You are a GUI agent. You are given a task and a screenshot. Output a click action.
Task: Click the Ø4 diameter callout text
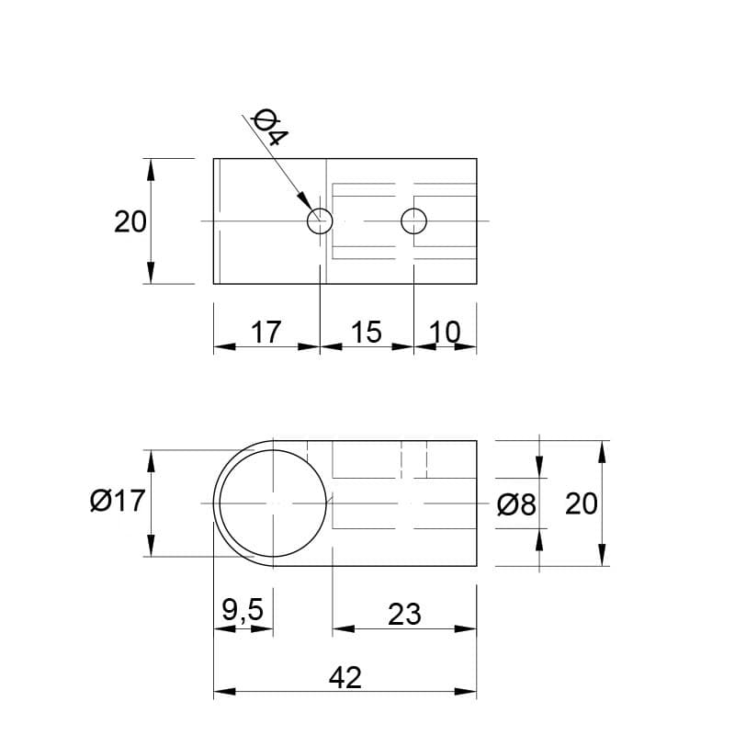[x=270, y=127]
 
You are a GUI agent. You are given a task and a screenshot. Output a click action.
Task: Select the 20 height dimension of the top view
[x=130, y=221]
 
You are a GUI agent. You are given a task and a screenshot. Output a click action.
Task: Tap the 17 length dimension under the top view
[x=266, y=332]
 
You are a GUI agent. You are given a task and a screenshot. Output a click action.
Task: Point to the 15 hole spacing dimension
[x=366, y=332]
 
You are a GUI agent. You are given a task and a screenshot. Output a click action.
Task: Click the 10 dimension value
[x=445, y=332]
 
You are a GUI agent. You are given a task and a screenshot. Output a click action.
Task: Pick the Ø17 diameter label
[x=118, y=501]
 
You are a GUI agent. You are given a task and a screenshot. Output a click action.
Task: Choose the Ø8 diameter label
[x=516, y=504]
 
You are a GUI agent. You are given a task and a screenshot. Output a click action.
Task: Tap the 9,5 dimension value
[x=243, y=611]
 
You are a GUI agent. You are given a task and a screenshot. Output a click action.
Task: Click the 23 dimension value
[x=404, y=614]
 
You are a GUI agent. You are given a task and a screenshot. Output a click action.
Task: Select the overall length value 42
[x=345, y=678]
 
